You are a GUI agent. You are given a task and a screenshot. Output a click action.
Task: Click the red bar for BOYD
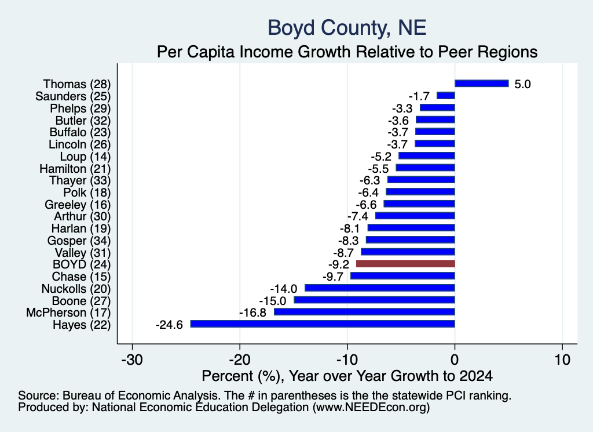(x=405, y=264)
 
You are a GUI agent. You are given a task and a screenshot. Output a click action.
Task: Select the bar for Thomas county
(x=481, y=84)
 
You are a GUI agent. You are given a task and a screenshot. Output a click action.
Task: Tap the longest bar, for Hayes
(x=323, y=324)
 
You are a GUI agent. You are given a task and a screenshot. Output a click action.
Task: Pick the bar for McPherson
(x=365, y=312)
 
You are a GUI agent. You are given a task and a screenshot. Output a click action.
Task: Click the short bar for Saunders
(x=446, y=96)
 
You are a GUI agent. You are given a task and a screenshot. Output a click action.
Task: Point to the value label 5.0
(x=523, y=84)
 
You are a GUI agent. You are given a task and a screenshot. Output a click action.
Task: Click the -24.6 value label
(x=170, y=325)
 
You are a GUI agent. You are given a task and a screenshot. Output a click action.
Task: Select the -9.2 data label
(x=339, y=264)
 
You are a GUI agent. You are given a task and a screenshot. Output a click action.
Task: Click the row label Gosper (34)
(x=79, y=241)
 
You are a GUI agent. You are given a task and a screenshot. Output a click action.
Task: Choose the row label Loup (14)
(x=86, y=157)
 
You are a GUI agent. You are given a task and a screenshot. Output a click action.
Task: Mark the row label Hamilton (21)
(x=75, y=169)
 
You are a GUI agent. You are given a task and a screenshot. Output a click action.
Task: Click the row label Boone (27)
(x=81, y=301)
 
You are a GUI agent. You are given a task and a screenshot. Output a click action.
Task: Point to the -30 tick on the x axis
(x=132, y=360)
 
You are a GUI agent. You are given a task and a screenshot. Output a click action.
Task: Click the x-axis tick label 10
(x=563, y=360)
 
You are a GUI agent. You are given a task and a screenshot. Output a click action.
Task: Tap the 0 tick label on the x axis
(x=455, y=360)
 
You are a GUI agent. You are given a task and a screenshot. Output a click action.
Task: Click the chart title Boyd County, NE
(x=347, y=28)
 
